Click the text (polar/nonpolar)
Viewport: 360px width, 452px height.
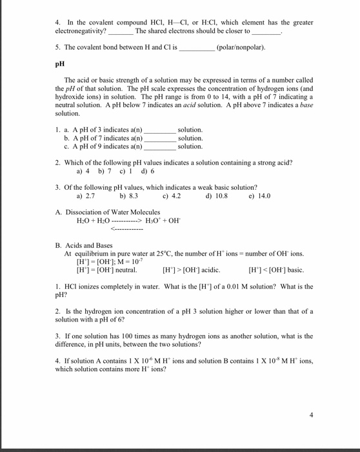tap(241, 47)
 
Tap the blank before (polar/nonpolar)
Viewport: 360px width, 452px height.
tap(197, 48)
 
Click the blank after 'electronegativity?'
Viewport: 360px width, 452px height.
tap(121, 32)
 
